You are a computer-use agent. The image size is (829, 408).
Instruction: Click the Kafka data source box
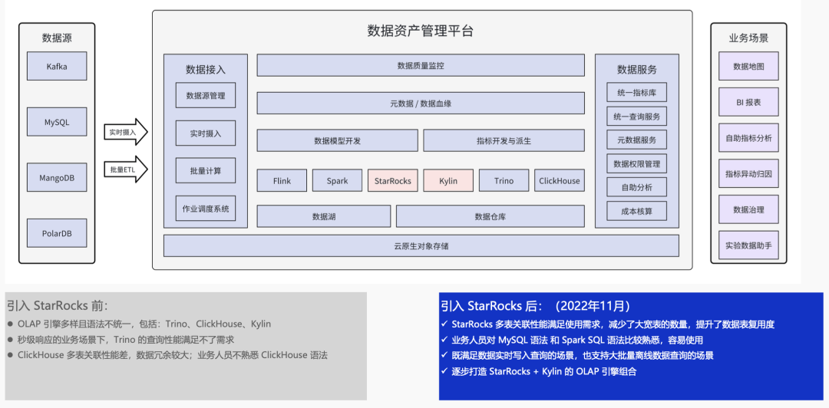click(57, 66)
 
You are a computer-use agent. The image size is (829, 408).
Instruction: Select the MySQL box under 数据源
click(57, 122)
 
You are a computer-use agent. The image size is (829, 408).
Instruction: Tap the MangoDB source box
click(57, 178)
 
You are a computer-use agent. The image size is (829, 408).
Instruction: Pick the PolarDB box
click(57, 233)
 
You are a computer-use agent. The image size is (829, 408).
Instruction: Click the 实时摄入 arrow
click(125, 133)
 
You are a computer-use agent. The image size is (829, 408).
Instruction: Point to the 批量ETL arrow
click(125, 169)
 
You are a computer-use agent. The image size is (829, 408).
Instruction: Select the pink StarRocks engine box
click(392, 181)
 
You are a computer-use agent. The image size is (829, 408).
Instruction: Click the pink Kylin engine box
click(448, 181)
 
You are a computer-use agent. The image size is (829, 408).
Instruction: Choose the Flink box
click(282, 181)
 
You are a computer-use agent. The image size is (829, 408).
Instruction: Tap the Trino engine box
click(504, 181)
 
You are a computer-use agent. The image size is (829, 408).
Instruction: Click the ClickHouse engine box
click(560, 181)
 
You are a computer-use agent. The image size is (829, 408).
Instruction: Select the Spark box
click(337, 181)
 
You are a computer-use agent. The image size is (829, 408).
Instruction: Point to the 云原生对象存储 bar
click(421, 246)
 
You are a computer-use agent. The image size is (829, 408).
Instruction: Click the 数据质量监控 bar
click(421, 66)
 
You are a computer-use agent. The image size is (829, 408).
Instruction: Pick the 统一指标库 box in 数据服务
click(636, 93)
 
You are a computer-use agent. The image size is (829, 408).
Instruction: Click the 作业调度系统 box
click(206, 209)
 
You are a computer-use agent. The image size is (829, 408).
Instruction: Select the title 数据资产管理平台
click(421, 31)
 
